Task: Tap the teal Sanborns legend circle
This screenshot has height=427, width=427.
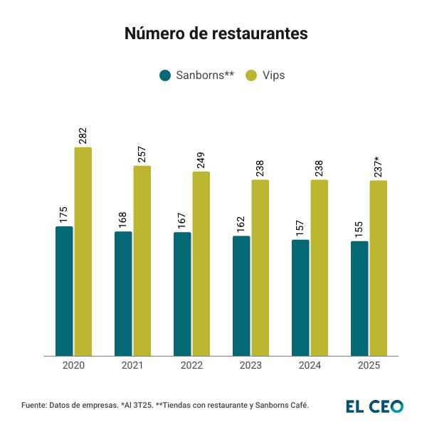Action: [165, 75]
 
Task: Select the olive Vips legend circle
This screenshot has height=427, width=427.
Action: [251, 75]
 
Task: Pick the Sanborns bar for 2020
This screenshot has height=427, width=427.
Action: [64, 291]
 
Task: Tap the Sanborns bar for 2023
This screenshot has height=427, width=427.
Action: [241, 295]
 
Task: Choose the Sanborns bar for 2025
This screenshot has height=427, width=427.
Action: [359, 298]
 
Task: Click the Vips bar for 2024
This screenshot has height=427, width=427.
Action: [320, 268]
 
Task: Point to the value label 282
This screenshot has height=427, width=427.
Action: [83, 136]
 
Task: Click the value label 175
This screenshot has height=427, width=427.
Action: [64, 216]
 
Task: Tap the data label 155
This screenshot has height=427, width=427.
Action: [359, 231]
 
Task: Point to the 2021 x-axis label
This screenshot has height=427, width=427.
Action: [132, 366]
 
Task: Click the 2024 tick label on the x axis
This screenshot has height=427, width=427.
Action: [310, 366]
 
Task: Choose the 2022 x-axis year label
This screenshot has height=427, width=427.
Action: [191, 366]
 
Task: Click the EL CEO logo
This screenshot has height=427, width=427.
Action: [374, 406]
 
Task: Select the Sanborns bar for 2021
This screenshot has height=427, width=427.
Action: [123, 293]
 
